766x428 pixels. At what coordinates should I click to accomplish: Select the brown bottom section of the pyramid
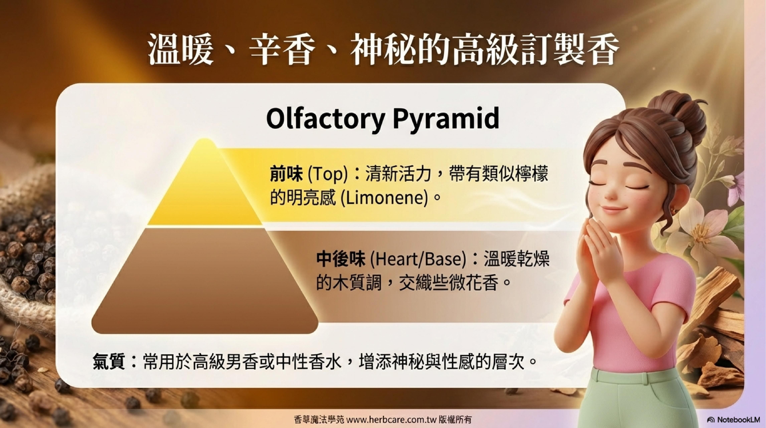[x=205, y=281]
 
